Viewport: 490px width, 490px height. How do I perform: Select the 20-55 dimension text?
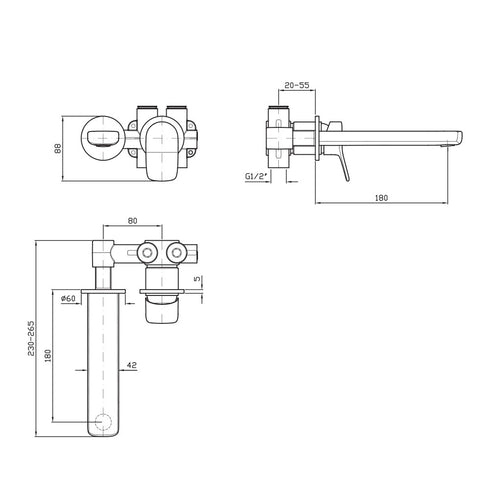pyautogui.click(x=296, y=87)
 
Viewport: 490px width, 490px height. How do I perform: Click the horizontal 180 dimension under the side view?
pyautogui.click(x=381, y=198)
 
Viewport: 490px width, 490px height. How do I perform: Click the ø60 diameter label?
pyautogui.click(x=68, y=297)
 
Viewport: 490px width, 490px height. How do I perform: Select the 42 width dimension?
pyautogui.click(x=133, y=368)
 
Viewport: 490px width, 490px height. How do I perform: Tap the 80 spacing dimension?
pyautogui.click(x=133, y=225)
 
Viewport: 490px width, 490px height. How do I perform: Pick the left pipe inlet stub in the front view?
pyautogui.click(x=146, y=109)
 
